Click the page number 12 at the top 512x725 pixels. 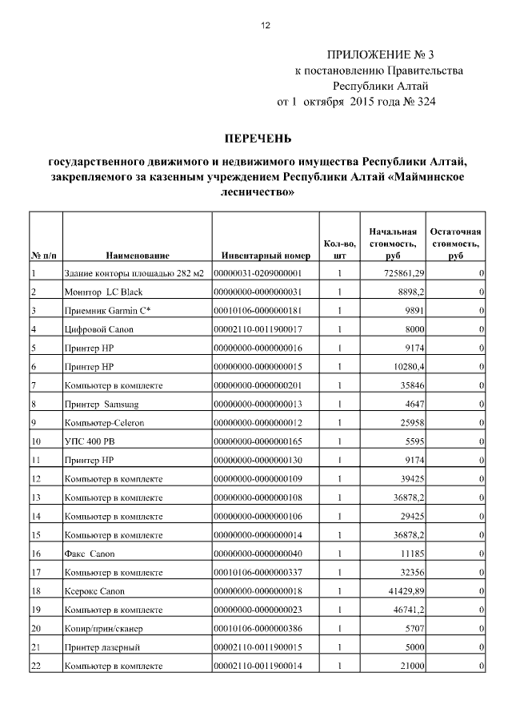click(x=266, y=25)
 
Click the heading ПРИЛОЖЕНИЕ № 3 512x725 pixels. click(x=380, y=55)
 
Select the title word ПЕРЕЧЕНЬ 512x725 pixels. click(x=257, y=139)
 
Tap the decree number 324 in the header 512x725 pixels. click(x=422, y=102)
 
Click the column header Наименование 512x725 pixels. click(x=137, y=256)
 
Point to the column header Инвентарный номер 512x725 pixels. click(x=266, y=256)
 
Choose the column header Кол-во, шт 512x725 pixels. click(x=339, y=249)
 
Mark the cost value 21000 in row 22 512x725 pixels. click(x=409, y=666)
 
